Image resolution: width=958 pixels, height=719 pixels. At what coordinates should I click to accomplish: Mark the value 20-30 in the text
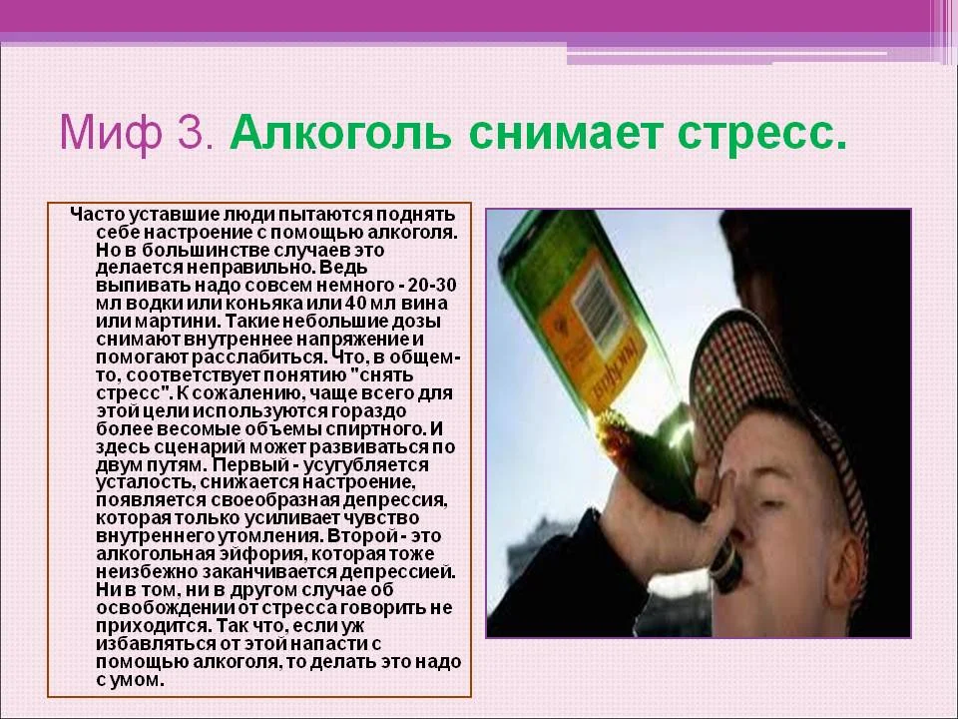tap(430, 287)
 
